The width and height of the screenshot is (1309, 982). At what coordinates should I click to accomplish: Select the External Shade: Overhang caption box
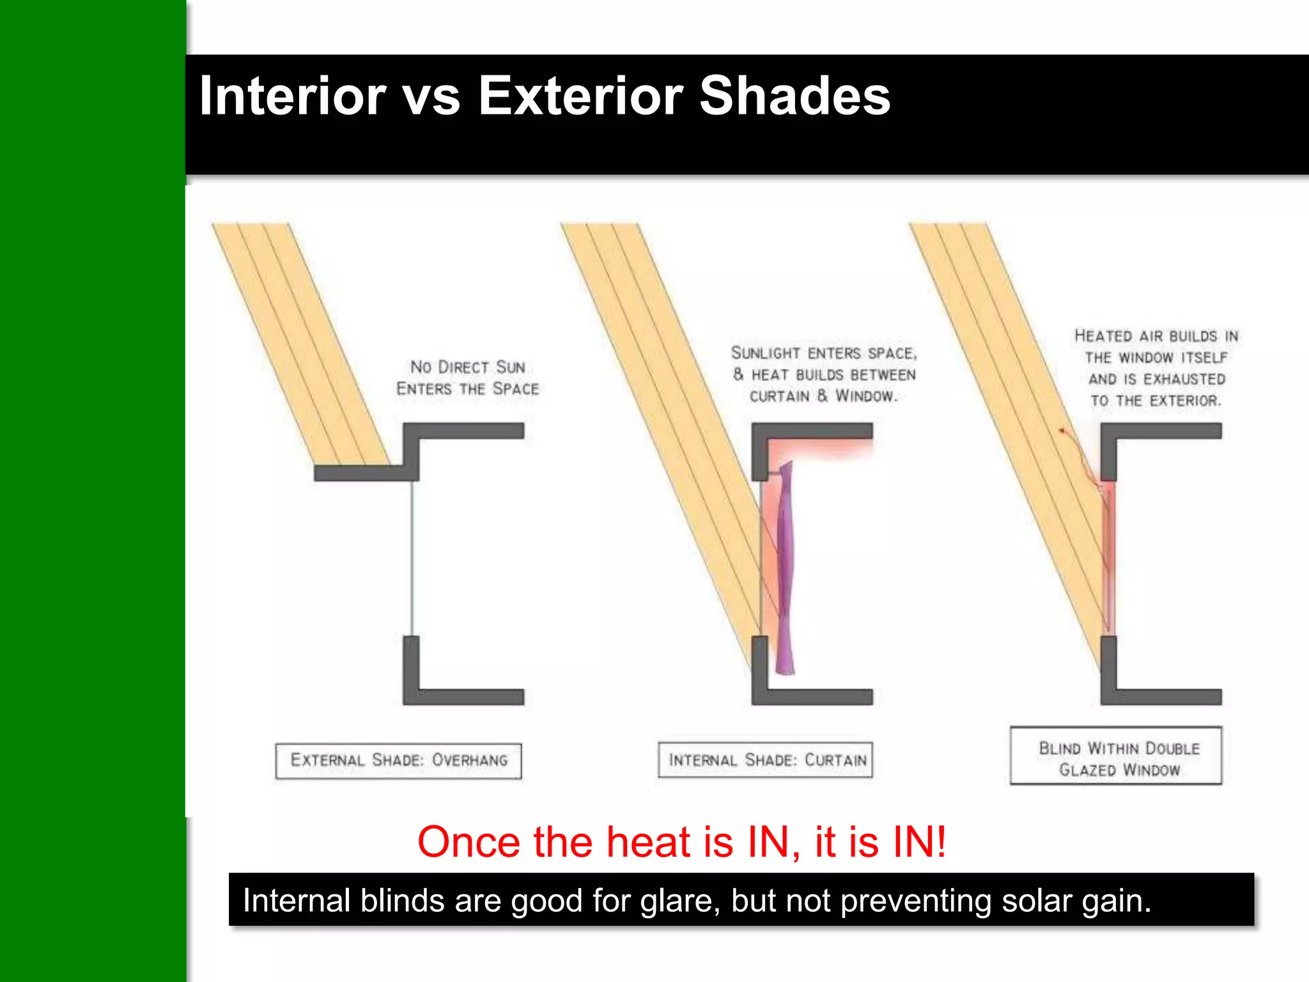398,760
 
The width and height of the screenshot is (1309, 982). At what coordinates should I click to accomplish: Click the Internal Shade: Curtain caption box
766,760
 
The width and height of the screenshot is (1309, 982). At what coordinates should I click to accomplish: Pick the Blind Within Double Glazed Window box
1116,756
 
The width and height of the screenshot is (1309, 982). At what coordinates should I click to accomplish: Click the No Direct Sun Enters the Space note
467,378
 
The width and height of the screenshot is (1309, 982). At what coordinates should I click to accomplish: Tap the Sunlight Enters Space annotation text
824,375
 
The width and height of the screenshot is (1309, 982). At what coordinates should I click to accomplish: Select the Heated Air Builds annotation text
1156,368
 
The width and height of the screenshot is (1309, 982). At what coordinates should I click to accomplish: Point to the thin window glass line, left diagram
412,556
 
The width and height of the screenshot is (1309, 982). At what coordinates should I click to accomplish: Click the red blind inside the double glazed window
1109,556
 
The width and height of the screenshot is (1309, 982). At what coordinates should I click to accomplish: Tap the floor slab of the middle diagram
818,697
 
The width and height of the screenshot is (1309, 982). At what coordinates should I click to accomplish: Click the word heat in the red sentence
648,842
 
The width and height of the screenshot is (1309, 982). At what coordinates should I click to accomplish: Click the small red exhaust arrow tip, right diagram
1061,431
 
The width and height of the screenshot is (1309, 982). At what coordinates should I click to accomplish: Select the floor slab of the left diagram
470,697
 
